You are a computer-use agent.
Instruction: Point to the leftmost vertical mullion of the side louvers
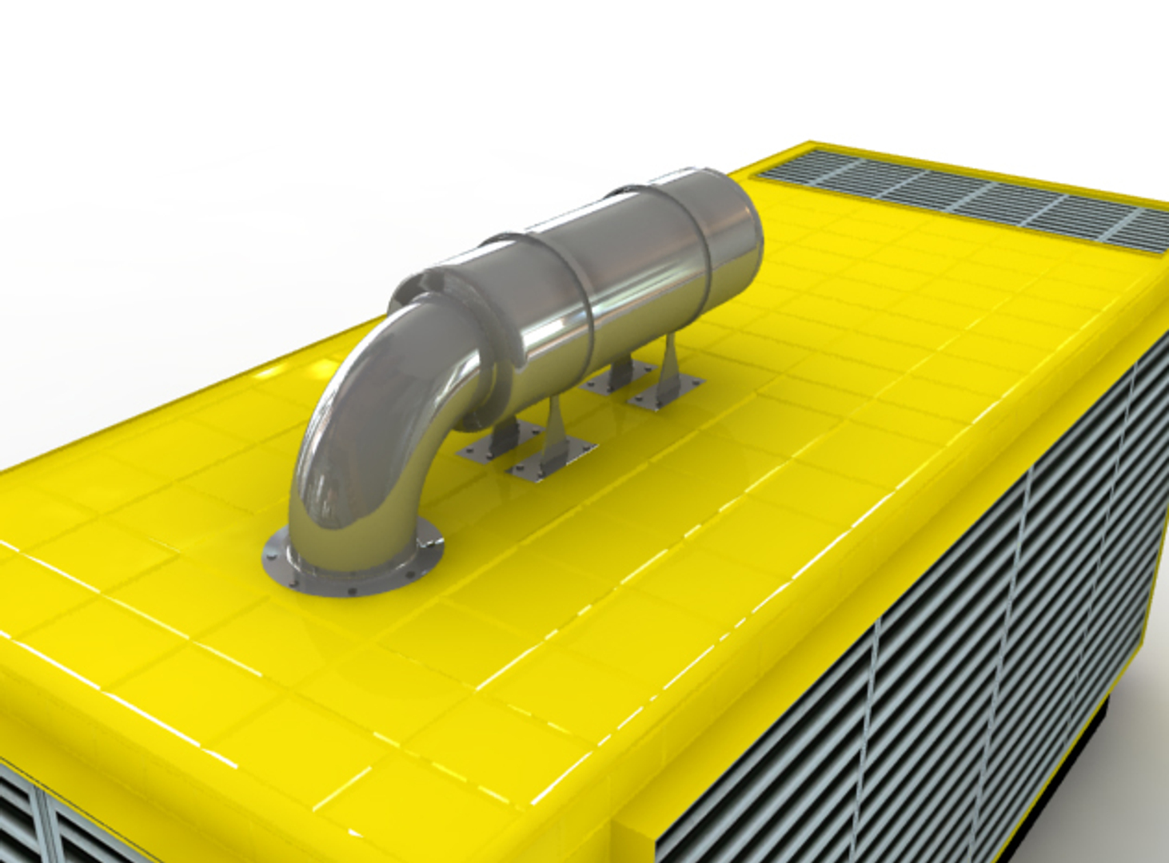point(876,719)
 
